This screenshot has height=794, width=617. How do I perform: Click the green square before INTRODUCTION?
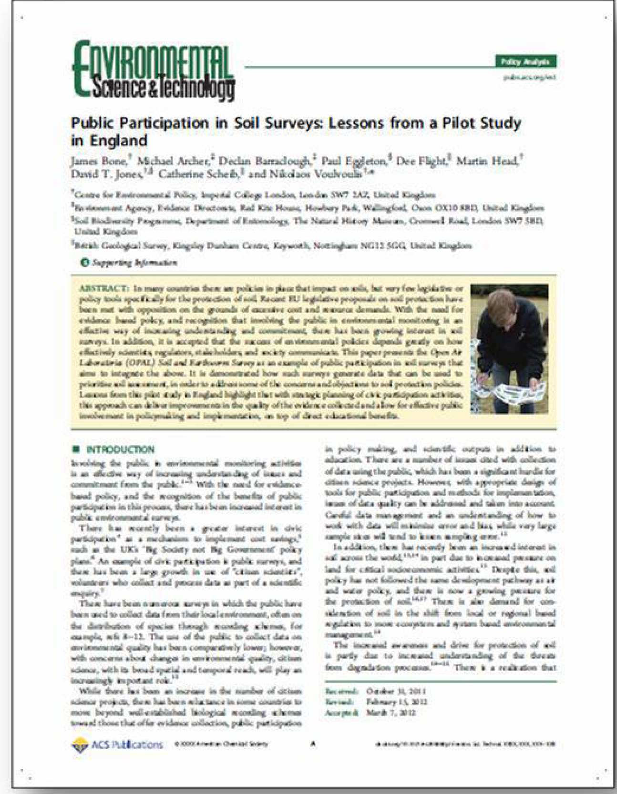pos(75,449)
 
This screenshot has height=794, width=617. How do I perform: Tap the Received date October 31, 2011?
pos(396,691)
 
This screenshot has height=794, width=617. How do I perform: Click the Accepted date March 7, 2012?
pos(391,713)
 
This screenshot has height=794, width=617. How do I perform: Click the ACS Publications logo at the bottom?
pos(117,744)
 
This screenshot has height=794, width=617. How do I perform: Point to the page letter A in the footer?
pos(313,743)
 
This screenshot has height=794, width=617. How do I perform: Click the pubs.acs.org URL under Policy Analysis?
pos(529,77)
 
